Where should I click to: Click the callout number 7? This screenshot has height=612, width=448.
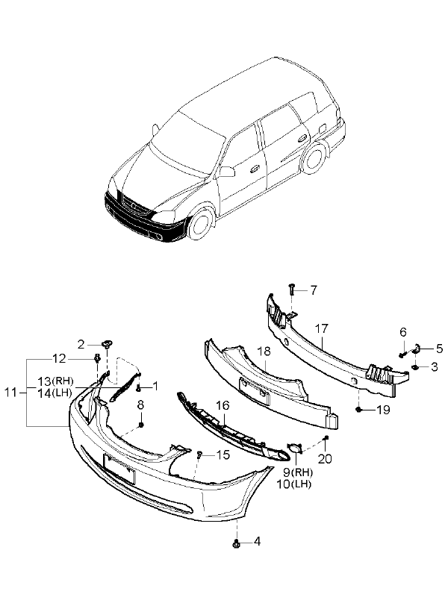pyautogui.click(x=314, y=290)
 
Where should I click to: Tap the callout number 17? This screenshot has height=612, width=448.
pyautogui.click(x=322, y=328)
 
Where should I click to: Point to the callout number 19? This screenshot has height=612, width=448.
pyautogui.click(x=383, y=410)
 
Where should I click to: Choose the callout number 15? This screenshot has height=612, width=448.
pyautogui.click(x=223, y=455)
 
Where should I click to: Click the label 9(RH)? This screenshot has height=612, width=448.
pyautogui.click(x=297, y=472)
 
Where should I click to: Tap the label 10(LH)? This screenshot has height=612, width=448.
pyautogui.click(x=297, y=484)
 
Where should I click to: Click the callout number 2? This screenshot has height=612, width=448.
pyautogui.click(x=81, y=344)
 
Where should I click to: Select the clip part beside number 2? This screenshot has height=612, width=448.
pyautogui.click(x=108, y=344)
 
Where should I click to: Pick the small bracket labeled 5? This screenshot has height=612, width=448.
pyautogui.click(x=419, y=347)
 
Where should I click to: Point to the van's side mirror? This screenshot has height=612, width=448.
pyautogui.click(x=226, y=172)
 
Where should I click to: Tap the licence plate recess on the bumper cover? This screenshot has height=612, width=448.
pyautogui.click(x=119, y=468)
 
